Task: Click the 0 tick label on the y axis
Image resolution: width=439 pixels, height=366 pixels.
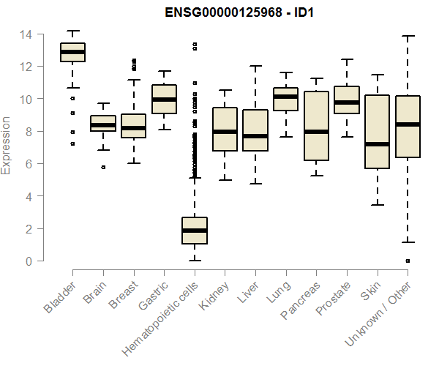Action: point(28,261)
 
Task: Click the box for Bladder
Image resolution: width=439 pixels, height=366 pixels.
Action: point(72,52)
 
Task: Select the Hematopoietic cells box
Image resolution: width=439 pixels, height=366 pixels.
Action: point(194,231)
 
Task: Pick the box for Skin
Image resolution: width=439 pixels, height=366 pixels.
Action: point(377,132)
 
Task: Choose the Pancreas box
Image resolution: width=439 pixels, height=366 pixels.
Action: point(316,126)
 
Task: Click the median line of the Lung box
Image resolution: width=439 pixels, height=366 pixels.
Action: point(285,96)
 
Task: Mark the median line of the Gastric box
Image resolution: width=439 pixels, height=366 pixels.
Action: point(164,99)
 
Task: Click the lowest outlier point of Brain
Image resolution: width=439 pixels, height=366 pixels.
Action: point(103,167)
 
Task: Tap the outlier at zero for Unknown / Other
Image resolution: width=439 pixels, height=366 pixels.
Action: point(408,261)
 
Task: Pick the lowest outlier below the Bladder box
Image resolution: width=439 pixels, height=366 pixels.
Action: point(72,143)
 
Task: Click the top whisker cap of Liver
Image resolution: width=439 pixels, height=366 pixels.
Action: point(255,66)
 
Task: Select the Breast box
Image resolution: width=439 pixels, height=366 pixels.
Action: point(133,126)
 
